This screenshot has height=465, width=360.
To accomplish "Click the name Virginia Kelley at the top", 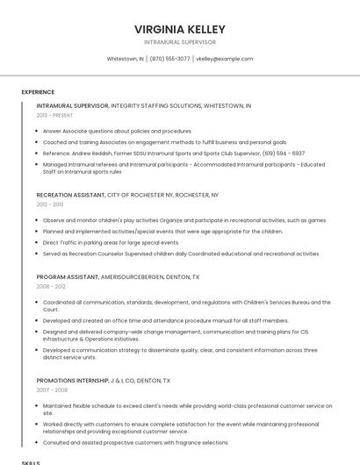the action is point(180,29).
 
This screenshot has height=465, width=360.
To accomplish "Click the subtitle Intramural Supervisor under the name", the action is point(180,42).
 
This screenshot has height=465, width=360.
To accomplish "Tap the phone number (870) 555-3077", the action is point(169,59).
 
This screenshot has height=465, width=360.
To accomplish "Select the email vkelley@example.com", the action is point(224,59).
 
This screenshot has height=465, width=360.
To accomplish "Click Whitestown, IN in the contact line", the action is point(125,59).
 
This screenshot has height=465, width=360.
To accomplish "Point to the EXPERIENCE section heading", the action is point(38,92).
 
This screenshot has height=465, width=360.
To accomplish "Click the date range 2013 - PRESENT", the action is point(54,115).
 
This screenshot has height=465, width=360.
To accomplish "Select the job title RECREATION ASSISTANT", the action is point(70,194).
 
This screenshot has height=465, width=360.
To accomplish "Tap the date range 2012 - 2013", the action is point(50,204).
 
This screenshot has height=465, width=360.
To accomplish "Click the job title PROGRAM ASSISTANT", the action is point(67,276).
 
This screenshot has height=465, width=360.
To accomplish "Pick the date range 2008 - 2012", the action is point(51,286).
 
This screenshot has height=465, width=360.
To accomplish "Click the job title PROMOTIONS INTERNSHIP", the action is point(73,381).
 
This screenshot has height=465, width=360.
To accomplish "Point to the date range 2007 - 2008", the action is point(51,390).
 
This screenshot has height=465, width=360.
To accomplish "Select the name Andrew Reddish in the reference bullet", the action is point(90,153).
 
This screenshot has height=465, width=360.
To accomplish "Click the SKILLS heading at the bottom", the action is point(31,461).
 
